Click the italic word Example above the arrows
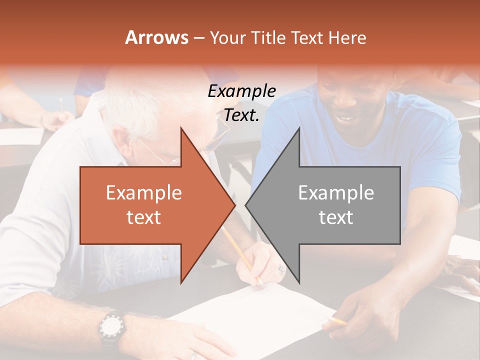pyautogui.click(x=241, y=91)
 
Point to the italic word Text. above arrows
pyautogui.click(x=241, y=115)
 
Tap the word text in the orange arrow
pyautogui.click(x=143, y=217)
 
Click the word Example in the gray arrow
pyautogui.click(x=336, y=193)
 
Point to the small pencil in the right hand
pyautogui.click(x=337, y=320)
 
